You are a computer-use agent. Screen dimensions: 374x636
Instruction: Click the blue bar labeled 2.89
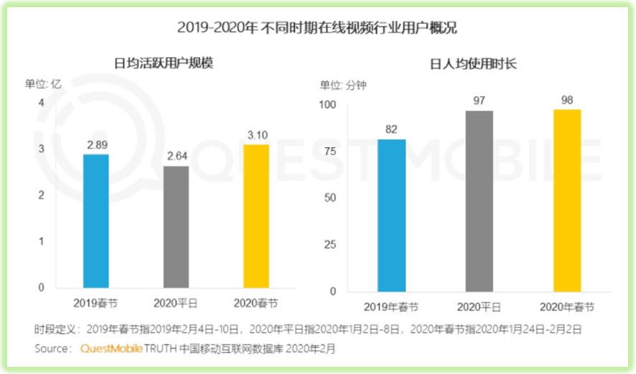(95, 221)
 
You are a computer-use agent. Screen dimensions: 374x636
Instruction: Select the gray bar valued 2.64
(176, 227)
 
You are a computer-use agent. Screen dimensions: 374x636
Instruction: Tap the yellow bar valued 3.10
(256, 216)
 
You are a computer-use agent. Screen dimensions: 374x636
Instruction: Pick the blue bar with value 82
(392, 215)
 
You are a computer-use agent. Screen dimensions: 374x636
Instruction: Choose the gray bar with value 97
(480, 201)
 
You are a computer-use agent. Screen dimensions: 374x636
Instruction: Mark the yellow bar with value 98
(567, 200)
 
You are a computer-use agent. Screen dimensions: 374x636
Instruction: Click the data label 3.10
(256, 135)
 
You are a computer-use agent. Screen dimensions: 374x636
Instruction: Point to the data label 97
(480, 100)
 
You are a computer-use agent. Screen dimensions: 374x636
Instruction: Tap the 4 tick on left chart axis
(41, 103)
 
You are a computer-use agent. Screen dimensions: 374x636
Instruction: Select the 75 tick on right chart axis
(329, 151)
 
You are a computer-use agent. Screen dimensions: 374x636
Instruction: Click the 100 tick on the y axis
(327, 105)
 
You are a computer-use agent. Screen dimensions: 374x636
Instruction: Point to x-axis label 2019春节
(95, 301)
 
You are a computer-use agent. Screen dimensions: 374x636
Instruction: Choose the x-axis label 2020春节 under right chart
(567, 307)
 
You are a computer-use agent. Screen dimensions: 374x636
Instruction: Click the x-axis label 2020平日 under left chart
(176, 301)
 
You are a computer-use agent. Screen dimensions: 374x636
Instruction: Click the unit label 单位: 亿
(43, 83)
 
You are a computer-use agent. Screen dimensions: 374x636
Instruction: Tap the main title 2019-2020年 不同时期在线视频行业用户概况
(317, 29)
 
